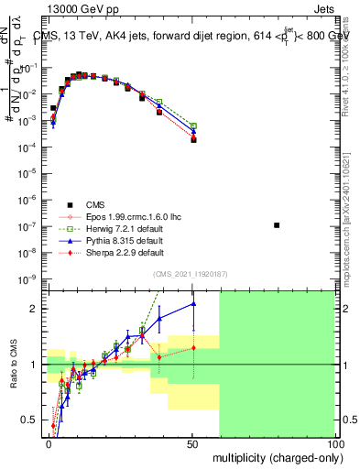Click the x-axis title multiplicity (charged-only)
click(x=274, y=456)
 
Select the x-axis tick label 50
click(x=191, y=442)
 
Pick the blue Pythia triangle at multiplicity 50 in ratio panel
click(x=193, y=304)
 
